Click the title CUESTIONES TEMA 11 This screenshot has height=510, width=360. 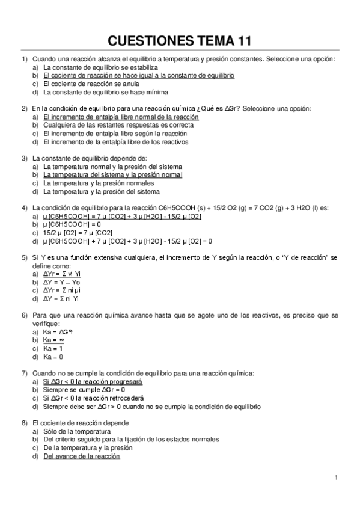[x=179, y=41]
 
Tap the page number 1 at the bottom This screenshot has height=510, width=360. [x=337, y=478]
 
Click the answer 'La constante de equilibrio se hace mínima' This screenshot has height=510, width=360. [x=105, y=93]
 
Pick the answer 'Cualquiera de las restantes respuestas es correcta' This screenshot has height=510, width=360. [x=118, y=125]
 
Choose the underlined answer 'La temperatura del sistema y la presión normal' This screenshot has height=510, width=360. [x=112, y=174]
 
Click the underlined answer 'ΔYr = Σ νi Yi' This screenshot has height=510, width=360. [x=63, y=274]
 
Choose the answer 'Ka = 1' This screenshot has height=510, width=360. [x=53, y=348]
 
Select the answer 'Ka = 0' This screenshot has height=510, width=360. [x=53, y=357]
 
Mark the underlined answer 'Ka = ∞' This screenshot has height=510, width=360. [x=54, y=340]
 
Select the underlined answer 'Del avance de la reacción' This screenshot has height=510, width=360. [x=82, y=456]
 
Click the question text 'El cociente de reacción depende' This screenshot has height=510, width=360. [x=78, y=423]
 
